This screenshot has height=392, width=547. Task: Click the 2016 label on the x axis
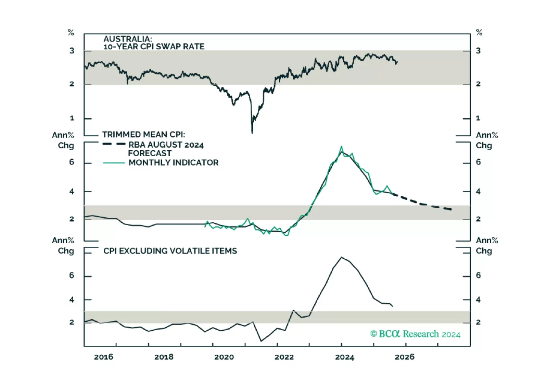(103, 357)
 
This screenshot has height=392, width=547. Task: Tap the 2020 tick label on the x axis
(224, 357)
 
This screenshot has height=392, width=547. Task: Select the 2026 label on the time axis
(404, 357)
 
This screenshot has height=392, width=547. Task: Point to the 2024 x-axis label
(344, 357)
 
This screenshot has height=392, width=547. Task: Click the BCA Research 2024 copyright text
(415, 334)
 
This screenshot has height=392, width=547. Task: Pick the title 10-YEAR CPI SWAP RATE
(154, 47)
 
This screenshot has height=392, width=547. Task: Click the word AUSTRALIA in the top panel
(127, 39)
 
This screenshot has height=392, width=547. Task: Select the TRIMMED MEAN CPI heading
(143, 134)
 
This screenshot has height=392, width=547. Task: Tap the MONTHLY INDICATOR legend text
(173, 162)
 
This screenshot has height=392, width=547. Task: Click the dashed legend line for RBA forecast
(114, 144)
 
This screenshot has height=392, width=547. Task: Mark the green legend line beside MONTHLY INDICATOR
(114, 163)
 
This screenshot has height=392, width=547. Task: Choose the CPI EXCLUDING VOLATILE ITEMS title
(170, 251)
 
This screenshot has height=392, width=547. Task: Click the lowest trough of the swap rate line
(252, 133)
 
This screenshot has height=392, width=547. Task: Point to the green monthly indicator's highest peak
(341, 147)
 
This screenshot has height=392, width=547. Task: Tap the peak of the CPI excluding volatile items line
(341, 257)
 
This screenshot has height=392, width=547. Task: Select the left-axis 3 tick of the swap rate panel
(72, 51)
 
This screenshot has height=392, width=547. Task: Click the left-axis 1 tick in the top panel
(72, 118)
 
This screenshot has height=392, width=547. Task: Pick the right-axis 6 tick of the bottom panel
(478, 275)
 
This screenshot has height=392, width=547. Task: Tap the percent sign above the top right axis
(479, 33)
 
